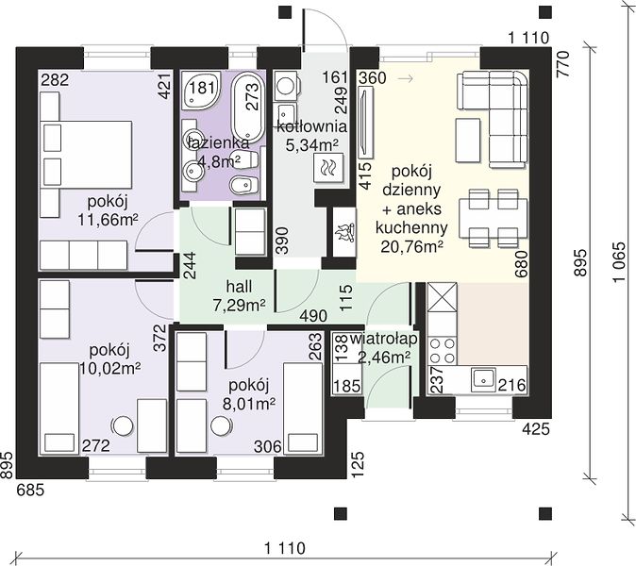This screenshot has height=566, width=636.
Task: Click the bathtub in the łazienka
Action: (248, 107)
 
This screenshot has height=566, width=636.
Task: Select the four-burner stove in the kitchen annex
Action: (442, 351)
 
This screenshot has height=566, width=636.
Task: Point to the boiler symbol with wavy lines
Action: (328, 168)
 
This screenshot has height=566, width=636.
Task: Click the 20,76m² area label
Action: (411, 246)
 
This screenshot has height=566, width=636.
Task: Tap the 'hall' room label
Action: (239, 287)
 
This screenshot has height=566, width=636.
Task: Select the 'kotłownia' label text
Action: (312, 126)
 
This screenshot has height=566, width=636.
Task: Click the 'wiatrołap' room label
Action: (383, 339)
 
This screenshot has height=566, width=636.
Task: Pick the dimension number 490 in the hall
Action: (313, 316)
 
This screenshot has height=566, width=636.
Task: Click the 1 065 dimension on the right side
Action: (619, 263)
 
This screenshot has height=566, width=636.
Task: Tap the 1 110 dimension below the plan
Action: (285, 549)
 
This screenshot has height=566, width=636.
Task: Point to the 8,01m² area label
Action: (248, 403)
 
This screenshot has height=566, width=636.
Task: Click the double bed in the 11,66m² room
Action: (86, 154)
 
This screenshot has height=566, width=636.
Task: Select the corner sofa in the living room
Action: (493, 119)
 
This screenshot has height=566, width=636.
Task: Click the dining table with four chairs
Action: (494, 218)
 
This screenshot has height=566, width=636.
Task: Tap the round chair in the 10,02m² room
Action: (123, 425)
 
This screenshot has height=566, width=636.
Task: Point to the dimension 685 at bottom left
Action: (30, 491)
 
